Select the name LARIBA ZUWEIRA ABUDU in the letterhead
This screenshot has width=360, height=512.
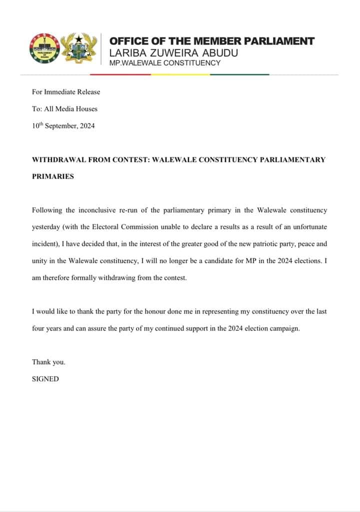coord(173,52)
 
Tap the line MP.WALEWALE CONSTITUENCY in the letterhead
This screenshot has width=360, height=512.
coord(165,63)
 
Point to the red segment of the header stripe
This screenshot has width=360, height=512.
coord(120,74)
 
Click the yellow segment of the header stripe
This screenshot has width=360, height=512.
coord(180,74)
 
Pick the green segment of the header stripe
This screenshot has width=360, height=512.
coord(239,74)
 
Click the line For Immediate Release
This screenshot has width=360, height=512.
coord(66,92)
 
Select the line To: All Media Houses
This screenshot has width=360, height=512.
coord(64,109)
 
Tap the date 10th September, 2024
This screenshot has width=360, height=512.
coord(63,126)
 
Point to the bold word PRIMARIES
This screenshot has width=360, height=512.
coord(53,177)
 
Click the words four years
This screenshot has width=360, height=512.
coord(46,329)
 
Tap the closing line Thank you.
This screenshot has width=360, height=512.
coord(48,362)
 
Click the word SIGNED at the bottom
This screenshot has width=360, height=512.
coord(45,379)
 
